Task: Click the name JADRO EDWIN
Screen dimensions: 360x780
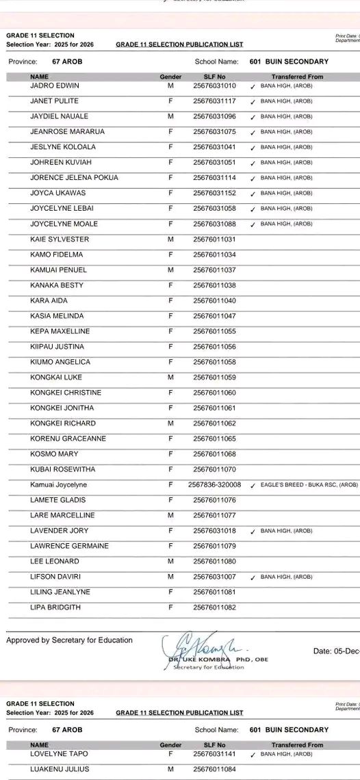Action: tap(55, 86)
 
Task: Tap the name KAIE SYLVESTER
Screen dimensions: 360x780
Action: tap(60, 239)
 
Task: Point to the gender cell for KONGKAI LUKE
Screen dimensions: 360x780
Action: tap(170, 377)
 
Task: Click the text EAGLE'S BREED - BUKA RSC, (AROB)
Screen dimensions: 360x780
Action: tap(309, 485)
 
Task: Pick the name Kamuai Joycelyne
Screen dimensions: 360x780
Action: tap(59, 484)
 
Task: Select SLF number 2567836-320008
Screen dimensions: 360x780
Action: tap(214, 484)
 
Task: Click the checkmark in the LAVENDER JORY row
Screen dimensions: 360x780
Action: tap(253, 531)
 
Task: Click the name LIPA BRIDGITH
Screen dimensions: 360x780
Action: tap(56, 607)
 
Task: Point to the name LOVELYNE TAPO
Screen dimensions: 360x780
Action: tap(59, 753)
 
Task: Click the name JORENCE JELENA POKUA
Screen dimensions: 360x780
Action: tap(74, 178)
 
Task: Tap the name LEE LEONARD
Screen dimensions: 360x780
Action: tap(55, 561)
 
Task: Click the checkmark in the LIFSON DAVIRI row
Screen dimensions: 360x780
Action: tap(253, 577)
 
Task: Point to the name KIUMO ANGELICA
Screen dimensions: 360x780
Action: tap(60, 362)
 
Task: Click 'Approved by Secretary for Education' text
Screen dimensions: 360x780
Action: tap(69, 640)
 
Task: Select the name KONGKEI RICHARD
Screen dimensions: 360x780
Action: tap(63, 423)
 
